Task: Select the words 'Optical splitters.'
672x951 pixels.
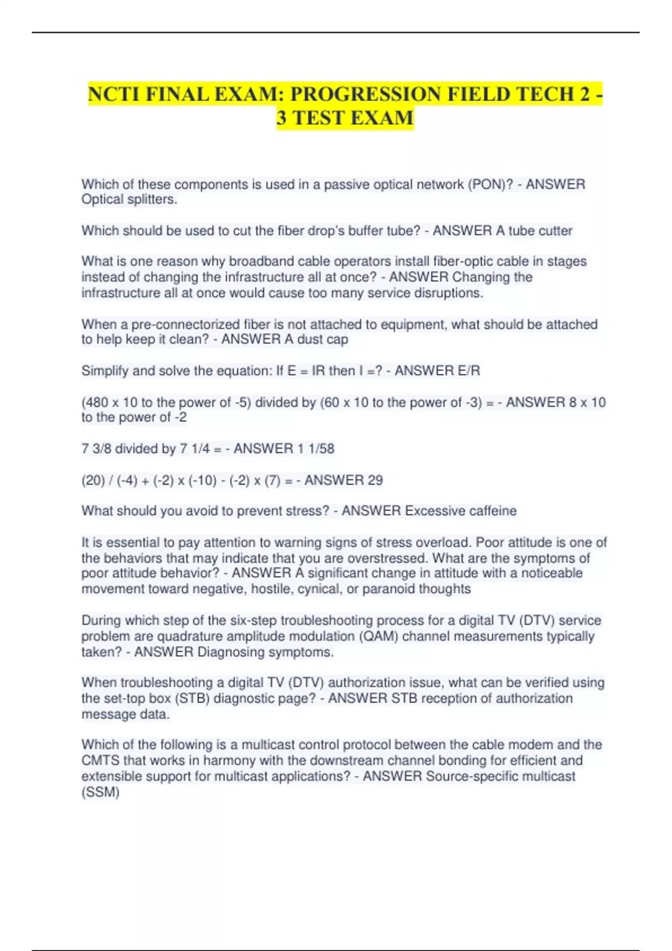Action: [x=129, y=199]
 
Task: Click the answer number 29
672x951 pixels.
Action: [x=375, y=480]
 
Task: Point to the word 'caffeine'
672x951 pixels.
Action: [x=493, y=511]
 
